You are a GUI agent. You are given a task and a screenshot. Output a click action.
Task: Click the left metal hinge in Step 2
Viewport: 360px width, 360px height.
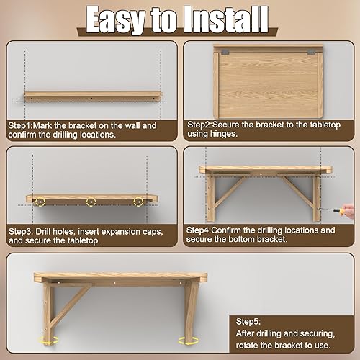pyautogui.click(x=225, y=53)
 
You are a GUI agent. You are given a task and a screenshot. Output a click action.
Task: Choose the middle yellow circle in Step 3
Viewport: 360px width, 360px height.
pyautogui.click(x=91, y=202)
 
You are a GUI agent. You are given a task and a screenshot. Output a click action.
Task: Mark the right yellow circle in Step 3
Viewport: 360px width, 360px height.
pyautogui.click(x=139, y=202)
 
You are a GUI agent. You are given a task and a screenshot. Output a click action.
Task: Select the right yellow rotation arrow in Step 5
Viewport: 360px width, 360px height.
pyautogui.click(x=192, y=339)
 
